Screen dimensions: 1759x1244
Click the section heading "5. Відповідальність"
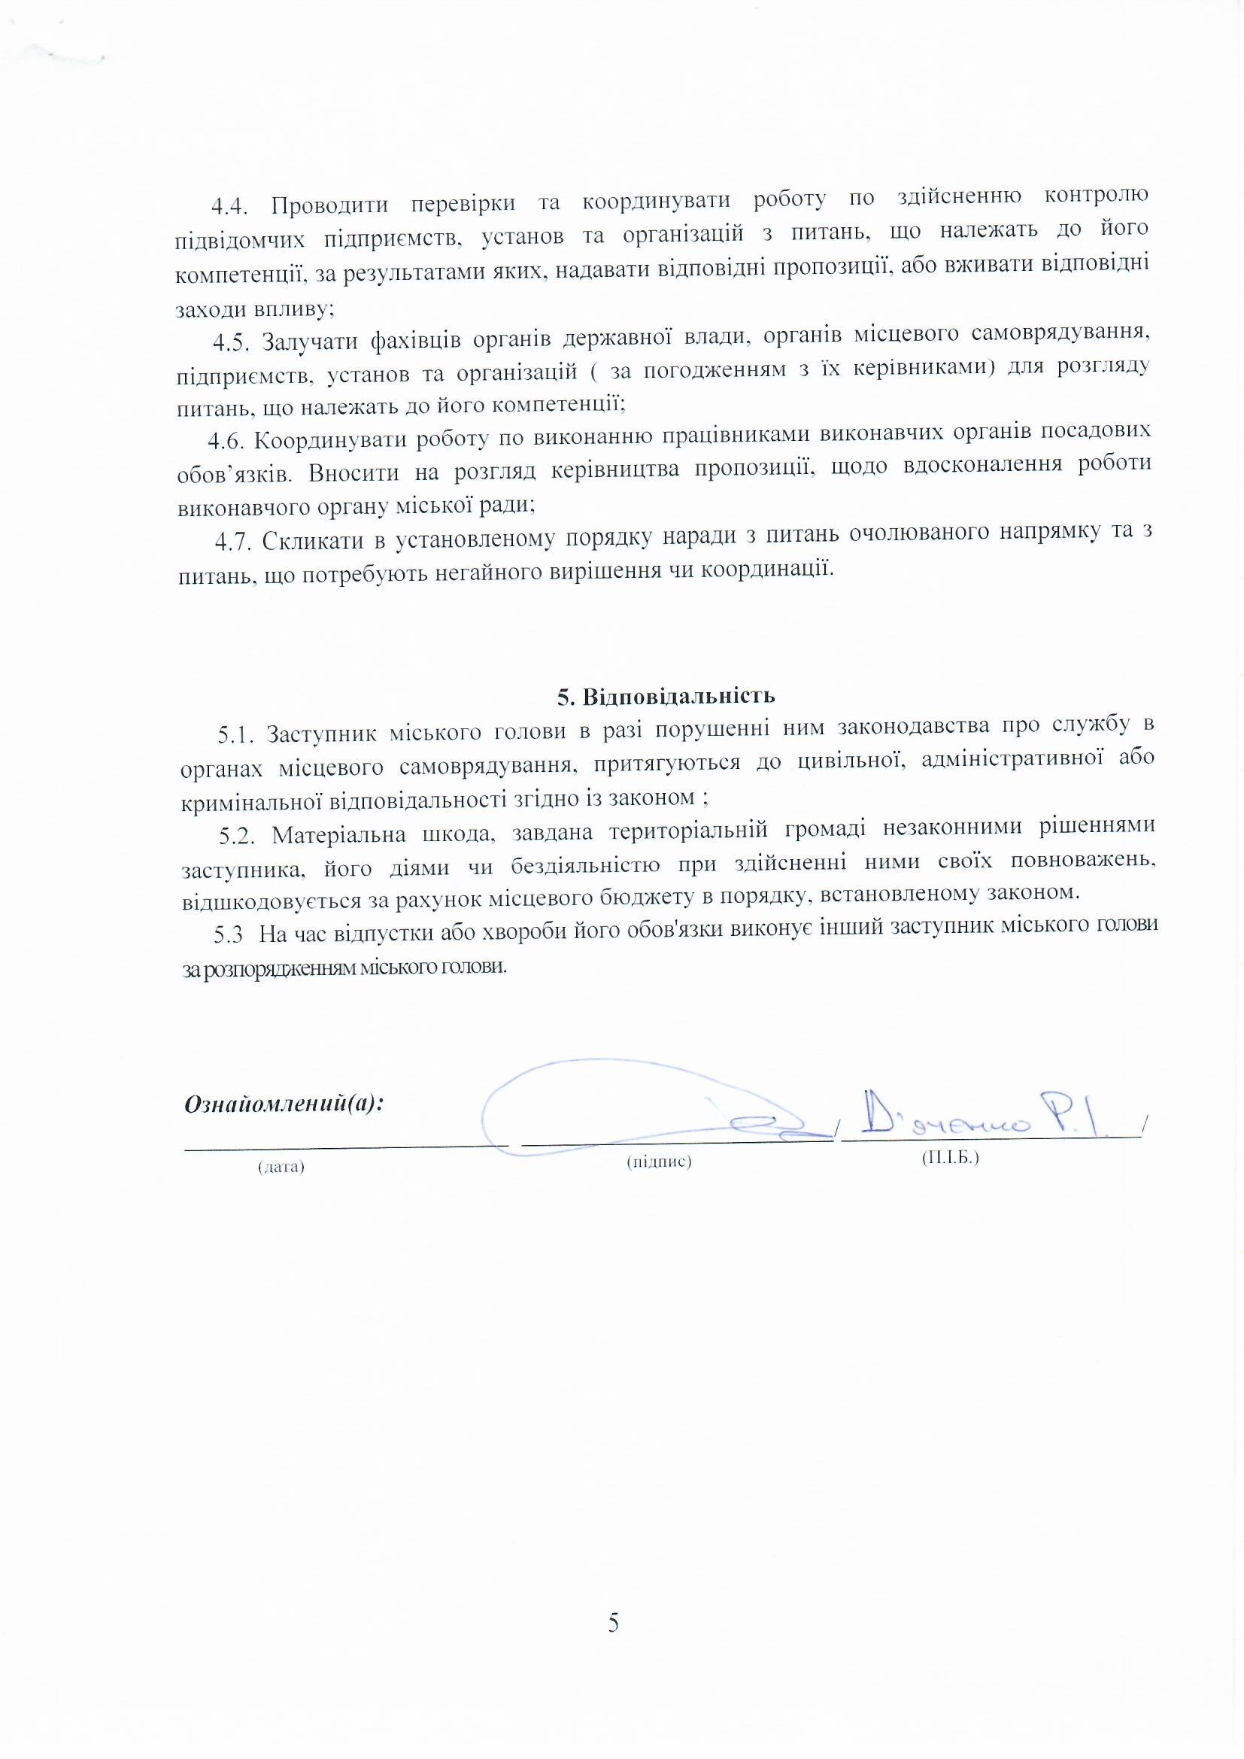[666, 696]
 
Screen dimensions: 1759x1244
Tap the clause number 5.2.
[238, 835]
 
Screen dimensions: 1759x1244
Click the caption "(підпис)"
[659, 1162]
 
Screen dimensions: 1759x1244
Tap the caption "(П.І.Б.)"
[950, 1158]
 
